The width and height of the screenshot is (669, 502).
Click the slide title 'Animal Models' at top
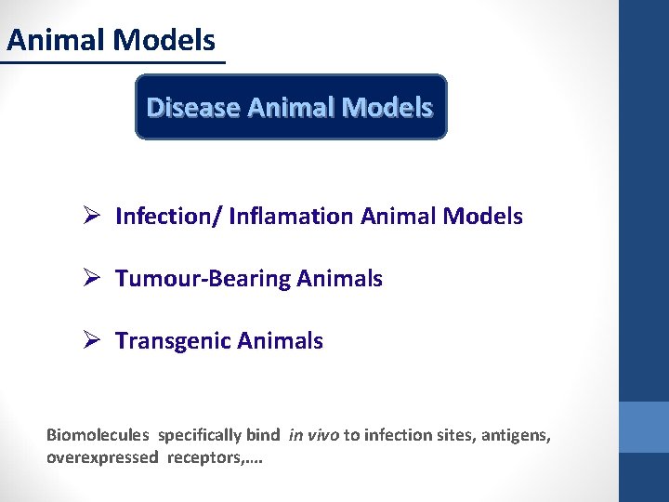(x=111, y=40)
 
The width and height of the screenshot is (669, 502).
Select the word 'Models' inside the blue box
(x=387, y=108)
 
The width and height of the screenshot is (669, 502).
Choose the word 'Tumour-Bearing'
(x=190, y=279)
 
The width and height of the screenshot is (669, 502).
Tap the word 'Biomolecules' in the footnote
(x=98, y=435)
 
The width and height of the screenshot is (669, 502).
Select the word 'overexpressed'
(x=102, y=458)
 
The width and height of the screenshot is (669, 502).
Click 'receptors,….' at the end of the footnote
(x=215, y=458)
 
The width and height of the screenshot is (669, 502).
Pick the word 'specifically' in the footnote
(x=200, y=435)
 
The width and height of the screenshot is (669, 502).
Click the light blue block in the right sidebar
(x=644, y=427)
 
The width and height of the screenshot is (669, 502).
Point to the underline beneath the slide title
(x=112, y=63)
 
